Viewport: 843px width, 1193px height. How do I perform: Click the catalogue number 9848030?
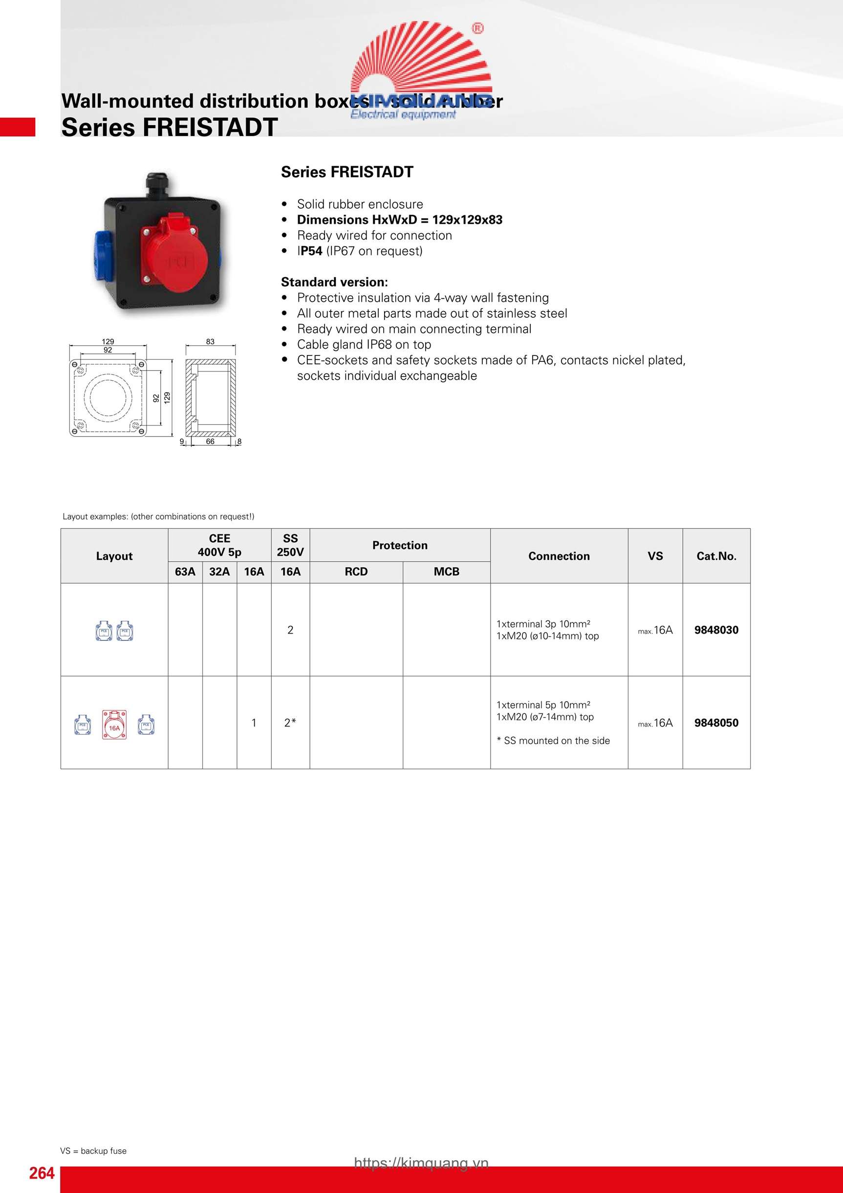[716, 630]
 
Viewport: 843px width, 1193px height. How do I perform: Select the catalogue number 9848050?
[716, 723]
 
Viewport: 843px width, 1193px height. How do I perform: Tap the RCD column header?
[356, 572]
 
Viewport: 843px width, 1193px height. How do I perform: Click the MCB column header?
[446, 572]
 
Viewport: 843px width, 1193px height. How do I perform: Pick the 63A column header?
[185, 572]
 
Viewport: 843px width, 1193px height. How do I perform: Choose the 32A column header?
[219, 572]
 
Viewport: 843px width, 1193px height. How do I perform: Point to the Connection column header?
[559, 556]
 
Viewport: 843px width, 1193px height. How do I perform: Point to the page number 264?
[42, 1173]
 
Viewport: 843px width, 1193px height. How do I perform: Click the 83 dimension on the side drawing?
[210, 341]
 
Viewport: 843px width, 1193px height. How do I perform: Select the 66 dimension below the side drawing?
[210, 441]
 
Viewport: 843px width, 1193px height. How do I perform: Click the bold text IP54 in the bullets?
[311, 251]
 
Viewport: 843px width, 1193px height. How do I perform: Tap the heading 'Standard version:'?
[334, 282]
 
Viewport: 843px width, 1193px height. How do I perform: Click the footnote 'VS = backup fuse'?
[93, 1151]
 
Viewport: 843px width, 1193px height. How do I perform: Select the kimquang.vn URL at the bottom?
[421, 1163]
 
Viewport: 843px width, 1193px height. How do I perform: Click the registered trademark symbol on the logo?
[477, 28]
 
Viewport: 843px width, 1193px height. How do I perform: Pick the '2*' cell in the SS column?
[290, 723]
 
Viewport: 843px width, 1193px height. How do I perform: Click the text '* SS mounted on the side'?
[553, 740]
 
